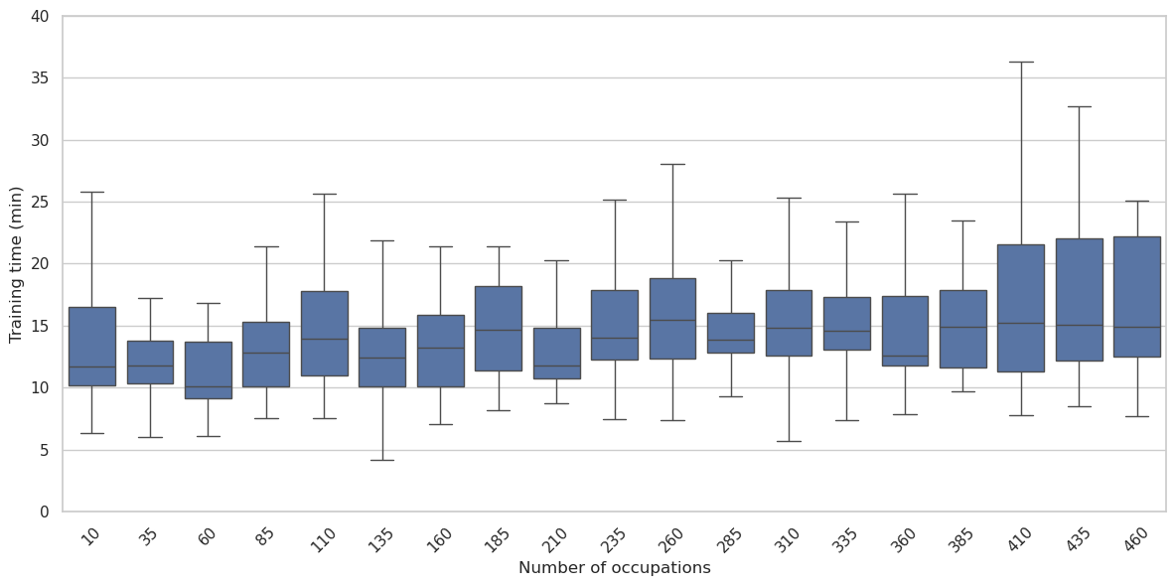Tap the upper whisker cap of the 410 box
click(x=1020, y=62)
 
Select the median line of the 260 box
click(x=672, y=320)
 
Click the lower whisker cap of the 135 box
click(x=382, y=460)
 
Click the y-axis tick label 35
click(x=40, y=78)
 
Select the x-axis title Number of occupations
click(x=614, y=568)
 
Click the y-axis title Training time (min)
click(x=16, y=264)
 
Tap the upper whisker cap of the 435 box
click(x=1079, y=106)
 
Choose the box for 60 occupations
click(x=209, y=369)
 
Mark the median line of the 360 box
click(x=905, y=356)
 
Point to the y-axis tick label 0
click(x=44, y=512)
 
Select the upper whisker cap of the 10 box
click(x=92, y=192)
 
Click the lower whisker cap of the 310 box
click(x=789, y=441)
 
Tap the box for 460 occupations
click(x=1136, y=296)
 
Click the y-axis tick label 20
click(x=40, y=264)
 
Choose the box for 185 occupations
click(x=499, y=328)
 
